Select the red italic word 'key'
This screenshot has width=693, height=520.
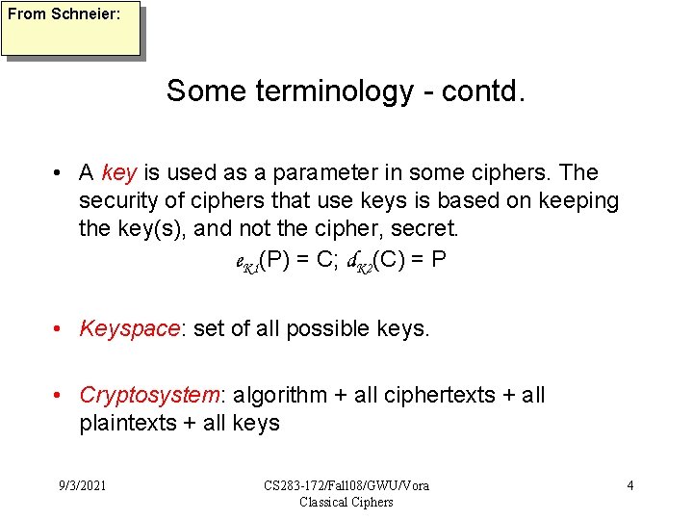pos(119,173)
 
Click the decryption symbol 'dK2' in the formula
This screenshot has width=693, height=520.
pos(374,261)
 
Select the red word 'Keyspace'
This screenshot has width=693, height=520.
pos(129,329)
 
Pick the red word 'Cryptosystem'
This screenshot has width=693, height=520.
pos(150,396)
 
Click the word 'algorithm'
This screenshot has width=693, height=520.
pos(279,396)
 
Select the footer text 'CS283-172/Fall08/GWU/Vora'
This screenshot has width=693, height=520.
pos(346,485)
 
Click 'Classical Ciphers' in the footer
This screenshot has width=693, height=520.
pos(346,502)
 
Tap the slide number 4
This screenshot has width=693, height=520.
pos(629,485)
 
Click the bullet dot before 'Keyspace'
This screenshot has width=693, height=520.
pos(60,329)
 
